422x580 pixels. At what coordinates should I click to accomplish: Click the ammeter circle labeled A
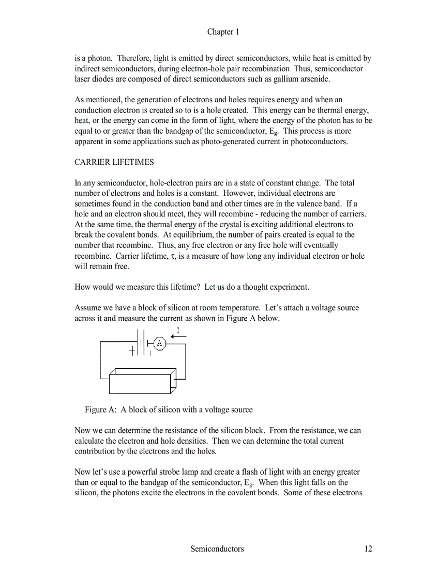coord(160,343)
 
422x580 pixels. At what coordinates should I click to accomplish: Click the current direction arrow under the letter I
coord(178,337)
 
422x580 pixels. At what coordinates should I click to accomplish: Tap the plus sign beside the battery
coord(132,351)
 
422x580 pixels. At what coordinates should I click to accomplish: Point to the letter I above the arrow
coord(178,330)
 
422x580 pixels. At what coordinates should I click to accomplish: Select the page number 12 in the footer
coord(367,548)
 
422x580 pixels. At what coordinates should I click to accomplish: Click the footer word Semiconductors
coord(217,548)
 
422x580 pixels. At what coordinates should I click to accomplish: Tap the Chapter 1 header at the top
coord(223,32)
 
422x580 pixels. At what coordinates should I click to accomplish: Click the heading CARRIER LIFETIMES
coord(114,162)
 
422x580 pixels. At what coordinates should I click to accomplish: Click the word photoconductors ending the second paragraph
coord(320,142)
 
